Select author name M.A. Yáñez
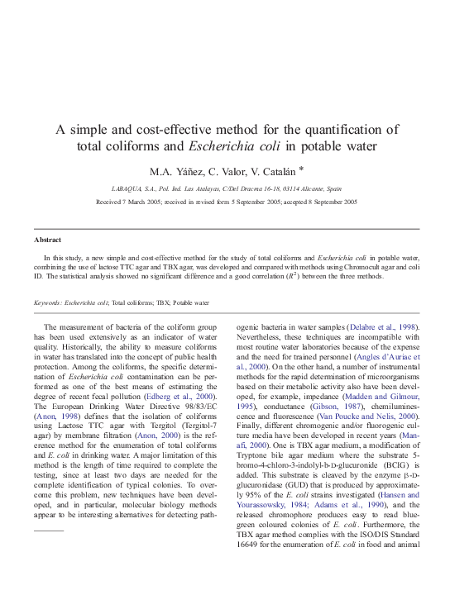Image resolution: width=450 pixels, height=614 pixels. click(x=175, y=173)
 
